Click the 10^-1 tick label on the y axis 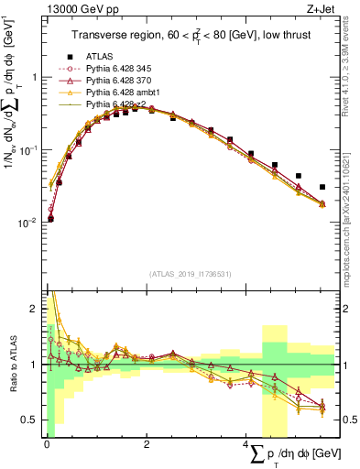(27, 149)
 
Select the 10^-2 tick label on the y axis (27, 223)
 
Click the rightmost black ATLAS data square (322, 187)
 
